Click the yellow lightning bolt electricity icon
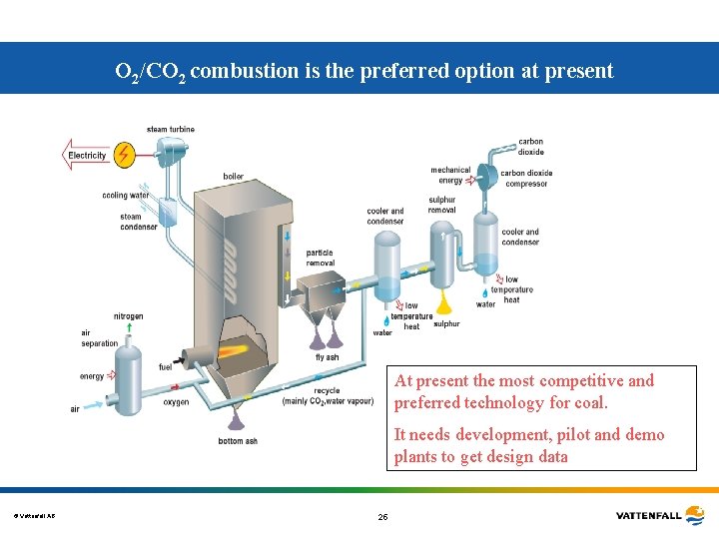125,155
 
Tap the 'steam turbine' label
171,130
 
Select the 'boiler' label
233,177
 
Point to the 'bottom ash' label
239,441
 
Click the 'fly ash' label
327,357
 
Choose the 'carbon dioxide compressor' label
525,179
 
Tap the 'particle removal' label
320,258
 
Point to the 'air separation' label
100,338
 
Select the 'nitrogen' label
128,316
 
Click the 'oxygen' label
176,402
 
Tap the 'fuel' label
165,367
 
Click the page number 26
382,517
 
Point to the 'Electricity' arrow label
87,156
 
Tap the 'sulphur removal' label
441,205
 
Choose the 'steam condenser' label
138,222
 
